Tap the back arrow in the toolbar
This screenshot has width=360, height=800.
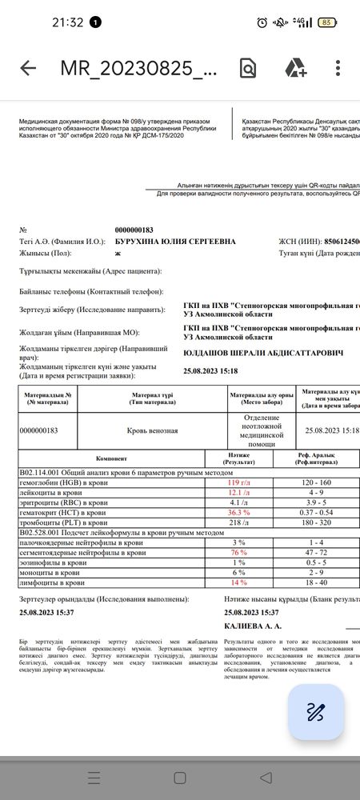click(x=28, y=68)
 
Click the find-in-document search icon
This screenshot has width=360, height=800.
click(x=248, y=68)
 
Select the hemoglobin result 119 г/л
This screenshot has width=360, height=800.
click(x=239, y=482)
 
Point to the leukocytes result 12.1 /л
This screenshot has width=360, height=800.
click(x=239, y=493)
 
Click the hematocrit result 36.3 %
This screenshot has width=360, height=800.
click(x=239, y=512)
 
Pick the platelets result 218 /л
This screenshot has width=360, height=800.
click(x=239, y=522)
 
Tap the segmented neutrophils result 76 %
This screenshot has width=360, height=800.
click(x=239, y=552)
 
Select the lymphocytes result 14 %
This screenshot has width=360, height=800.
click(x=239, y=582)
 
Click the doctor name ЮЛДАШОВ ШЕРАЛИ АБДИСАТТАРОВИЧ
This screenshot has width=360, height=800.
click(x=263, y=353)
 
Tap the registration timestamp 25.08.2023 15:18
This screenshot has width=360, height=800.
click(x=211, y=371)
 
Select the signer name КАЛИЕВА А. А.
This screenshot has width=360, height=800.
click(x=254, y=626)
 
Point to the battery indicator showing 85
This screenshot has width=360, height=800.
click(x=326, y=22)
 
